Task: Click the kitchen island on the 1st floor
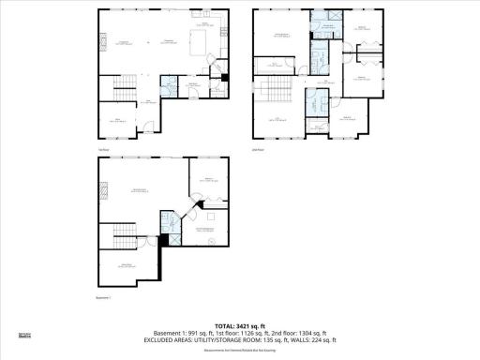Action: coord(199,42)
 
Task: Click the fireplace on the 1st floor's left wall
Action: coord(102,40)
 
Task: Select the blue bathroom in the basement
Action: coord(168,222)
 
